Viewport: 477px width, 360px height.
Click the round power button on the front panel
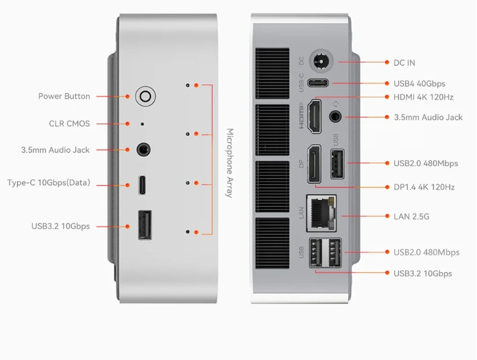click(x=145, y=97)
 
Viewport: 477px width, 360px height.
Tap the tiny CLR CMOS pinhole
click(x=143, y=124)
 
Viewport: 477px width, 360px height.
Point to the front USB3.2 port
click(x=145, y=225)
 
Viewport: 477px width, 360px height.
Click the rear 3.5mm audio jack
click(x=336, y=116)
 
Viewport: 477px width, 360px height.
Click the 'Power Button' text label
click(x=64, y=97)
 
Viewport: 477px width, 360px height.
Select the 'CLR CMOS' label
click(x=70, y=124)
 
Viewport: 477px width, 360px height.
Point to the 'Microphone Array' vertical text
click(x=230, y=163)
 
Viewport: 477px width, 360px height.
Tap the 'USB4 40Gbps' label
click(x=420, y=84)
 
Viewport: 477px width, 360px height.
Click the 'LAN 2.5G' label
click(x=411, y=217)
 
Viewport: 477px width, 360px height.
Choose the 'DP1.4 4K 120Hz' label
click(x=424, y=187)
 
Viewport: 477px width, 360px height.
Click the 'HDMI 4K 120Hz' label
click(x=424, y=97)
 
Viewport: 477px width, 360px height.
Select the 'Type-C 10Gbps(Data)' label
click(x=49, y=183)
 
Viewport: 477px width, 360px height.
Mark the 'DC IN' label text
click(x=404, y=63)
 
